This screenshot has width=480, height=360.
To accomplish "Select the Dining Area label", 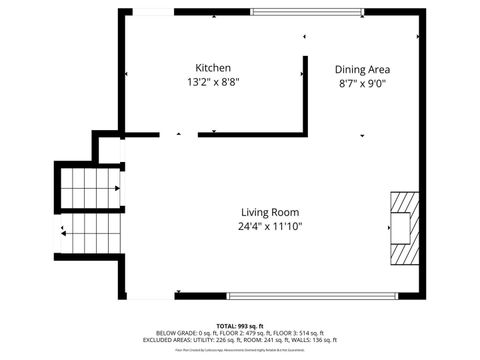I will (362, 69).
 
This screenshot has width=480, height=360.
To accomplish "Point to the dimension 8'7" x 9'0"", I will (362, 84).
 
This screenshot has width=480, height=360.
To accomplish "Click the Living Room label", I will (270, 212).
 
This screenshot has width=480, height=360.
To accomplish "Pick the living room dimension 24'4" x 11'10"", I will (270, 227).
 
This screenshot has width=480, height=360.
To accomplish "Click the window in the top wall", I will (307, 12).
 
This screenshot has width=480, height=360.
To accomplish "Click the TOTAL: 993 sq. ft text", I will (240, 325).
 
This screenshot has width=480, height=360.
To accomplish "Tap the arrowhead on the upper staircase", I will (118, 187).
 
